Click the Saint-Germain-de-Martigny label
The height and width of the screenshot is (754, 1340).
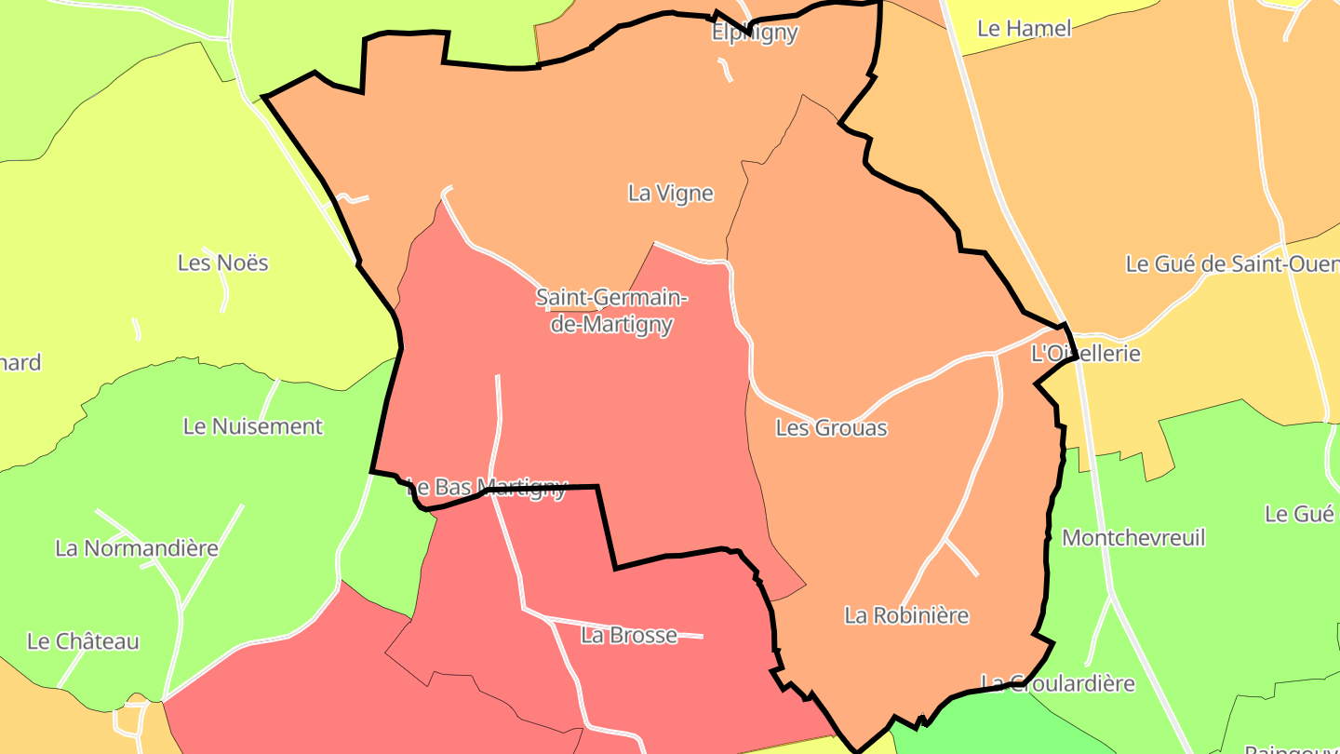tap(611, 311)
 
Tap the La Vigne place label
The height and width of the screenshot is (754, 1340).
tap(671, 194)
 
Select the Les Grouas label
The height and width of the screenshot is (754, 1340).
tap(831, 428)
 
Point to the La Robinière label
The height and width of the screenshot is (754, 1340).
tap(906, 615)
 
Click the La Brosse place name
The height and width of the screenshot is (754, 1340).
tap(629, 636)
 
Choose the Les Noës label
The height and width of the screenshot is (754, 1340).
tap(223, 263)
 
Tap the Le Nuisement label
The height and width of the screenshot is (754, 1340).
tap(253, 426)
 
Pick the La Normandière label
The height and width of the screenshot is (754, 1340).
tap(137, 548)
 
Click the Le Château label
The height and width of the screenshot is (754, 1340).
tap(83, 641)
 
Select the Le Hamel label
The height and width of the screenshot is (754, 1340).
tap(1025, 29)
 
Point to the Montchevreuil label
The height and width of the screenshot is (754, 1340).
tap(1133, 538)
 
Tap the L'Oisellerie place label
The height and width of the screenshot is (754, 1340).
tap(1086, 355)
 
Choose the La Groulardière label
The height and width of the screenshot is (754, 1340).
tap(1059, 684)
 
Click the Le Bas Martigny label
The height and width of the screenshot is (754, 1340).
tap(487, 488)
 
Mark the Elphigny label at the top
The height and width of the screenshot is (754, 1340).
tap(755, 34)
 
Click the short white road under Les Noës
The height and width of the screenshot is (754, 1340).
tap(224, 296)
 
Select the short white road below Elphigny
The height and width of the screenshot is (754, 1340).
tap(725, 70)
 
